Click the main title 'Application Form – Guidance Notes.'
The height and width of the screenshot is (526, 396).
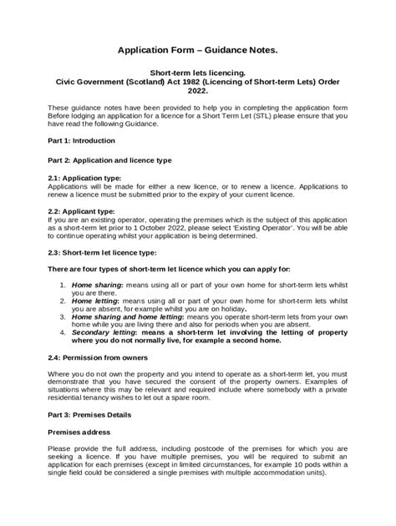coord(197,51)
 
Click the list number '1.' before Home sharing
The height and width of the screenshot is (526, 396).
coord(63,285)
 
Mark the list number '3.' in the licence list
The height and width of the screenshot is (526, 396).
coord(63,318)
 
